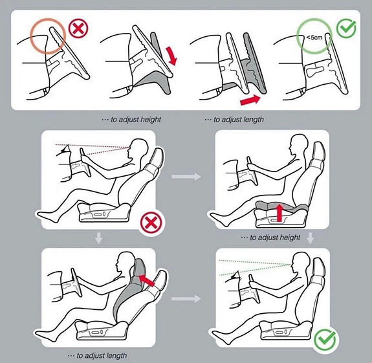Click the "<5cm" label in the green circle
tap(314, 38)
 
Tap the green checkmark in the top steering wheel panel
tap(346, 28)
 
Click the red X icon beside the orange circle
tap(78, 28)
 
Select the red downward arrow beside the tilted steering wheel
tap(171, 56)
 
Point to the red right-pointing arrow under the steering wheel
tap(250, 100)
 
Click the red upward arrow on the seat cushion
tap(280, 213)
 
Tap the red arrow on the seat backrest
tap(146, 280)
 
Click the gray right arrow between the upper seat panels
tap(186, 177)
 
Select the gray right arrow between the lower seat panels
tap(186, 299)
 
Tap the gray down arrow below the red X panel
tap(99, 238)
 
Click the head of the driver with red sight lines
tap(138, 149)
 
